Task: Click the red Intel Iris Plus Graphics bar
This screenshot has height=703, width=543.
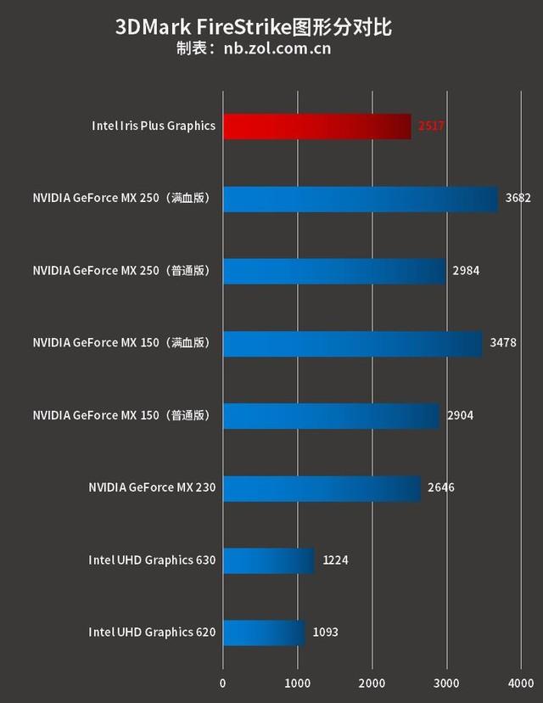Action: point(316,127)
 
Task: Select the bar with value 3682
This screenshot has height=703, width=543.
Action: point(361,199)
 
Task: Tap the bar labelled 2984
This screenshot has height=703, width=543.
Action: point(334,271)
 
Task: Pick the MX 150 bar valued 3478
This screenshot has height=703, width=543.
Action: point(353,343)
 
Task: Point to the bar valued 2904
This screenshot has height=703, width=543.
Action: point(332,415)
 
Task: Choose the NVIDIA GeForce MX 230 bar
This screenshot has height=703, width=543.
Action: point(322,487)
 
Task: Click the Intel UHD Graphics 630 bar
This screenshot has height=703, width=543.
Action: point(269,560)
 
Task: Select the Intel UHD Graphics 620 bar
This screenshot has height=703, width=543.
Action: point(264,632)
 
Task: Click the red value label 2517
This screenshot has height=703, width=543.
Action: point(432,127)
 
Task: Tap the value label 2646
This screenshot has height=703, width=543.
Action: point(441,487)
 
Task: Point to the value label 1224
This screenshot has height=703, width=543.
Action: point(335,560)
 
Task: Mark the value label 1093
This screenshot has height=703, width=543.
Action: point(326,632)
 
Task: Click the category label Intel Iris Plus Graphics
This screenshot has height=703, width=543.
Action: point(154,127)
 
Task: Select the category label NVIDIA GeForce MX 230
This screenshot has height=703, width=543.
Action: point(152,487)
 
